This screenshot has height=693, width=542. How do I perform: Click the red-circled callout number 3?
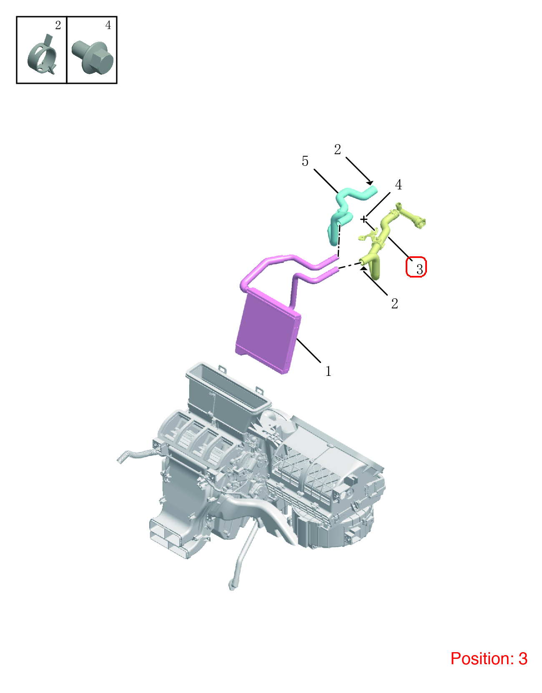point(419,269)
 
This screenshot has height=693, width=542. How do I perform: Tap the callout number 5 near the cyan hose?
point(305,161)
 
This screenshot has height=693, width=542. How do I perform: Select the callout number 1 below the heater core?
point(328,371)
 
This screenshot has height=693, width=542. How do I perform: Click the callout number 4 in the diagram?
point(398,185)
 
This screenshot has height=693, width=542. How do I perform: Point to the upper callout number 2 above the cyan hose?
point(337,149)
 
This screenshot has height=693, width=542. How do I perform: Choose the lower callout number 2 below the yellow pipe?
point(394,304)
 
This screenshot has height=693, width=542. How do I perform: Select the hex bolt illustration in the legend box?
point(93,58)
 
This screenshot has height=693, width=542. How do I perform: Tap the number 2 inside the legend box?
point(58,25)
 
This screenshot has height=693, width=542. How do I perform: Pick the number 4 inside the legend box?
point(108,25)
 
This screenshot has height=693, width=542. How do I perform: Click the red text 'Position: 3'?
point(489,658)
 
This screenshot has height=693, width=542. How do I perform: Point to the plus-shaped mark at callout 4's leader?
point(364,220)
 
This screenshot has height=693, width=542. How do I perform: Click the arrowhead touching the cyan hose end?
point(370,183)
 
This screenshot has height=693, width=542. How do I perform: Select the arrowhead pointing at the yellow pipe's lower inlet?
point(364,268)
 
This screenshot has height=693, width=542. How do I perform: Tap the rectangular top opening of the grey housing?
point(228,388)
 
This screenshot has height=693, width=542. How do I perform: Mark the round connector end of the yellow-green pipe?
point(420,223)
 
